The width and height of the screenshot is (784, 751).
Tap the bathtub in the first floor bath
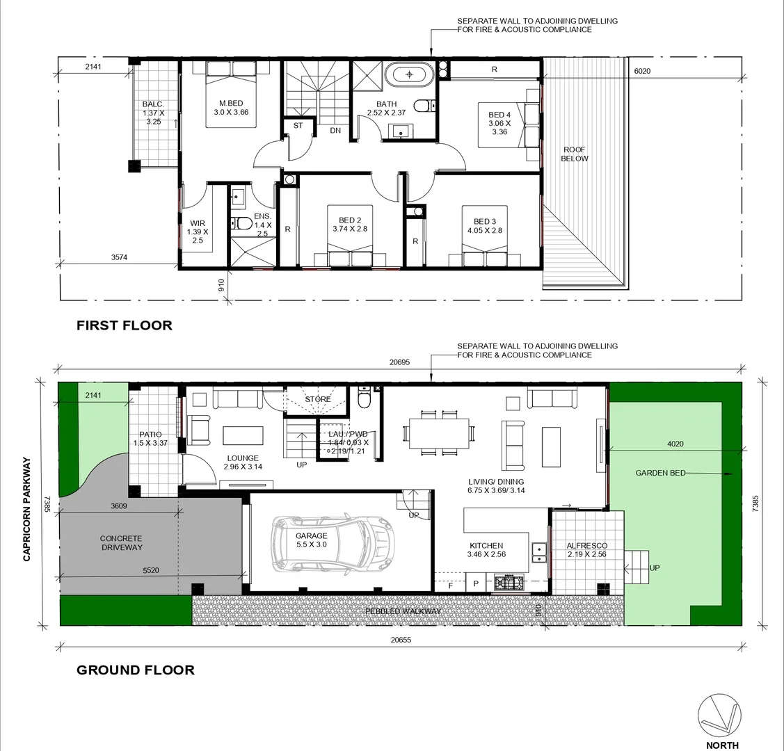tap(410, 74)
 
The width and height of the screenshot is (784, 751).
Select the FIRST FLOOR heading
tap(124, 325)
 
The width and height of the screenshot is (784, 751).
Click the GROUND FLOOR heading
tap(135, 670)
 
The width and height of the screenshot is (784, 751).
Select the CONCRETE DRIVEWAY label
tap(121, 542)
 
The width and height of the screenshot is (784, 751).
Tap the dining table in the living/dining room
tap(439, 433)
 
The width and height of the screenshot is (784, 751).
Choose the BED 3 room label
tap(485, 226)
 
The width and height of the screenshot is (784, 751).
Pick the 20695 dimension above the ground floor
tap(399, 362)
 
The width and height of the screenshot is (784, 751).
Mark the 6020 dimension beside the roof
tap(642, 70)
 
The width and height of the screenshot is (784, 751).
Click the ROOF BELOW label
tap(575, 154)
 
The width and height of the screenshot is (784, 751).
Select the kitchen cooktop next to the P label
tap(509, 582)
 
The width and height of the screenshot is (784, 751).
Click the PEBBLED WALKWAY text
tap(403, 611)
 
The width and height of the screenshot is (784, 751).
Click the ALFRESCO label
tap(586, 546)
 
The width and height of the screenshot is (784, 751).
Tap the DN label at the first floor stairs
tap(335, 130)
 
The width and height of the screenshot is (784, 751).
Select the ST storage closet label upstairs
tap(298, 126)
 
